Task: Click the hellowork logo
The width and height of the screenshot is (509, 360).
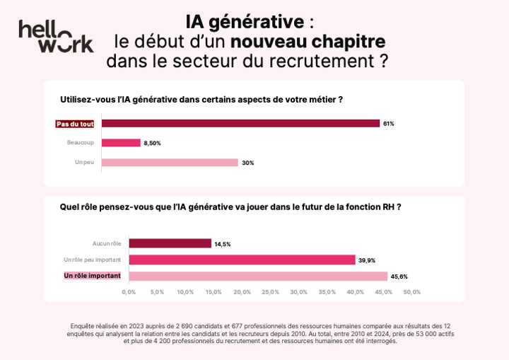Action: pos(56,36)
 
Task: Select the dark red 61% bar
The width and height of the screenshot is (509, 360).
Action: pos(240,123)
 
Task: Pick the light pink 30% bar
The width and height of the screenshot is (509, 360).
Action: pos(170,162)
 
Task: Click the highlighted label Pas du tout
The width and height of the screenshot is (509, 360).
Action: pos(75,124)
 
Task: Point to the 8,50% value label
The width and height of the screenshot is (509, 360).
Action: pos(152,143)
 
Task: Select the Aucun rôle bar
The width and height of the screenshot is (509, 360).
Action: pos(170,243)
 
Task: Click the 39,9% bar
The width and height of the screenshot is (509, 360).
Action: pos(242,260)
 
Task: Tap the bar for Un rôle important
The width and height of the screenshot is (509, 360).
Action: pos(258,276)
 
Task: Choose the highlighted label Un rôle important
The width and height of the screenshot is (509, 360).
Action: pos(93,276)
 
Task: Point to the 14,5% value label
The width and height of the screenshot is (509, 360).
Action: pos(223,244)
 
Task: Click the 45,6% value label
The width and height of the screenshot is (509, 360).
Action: pos(399,277)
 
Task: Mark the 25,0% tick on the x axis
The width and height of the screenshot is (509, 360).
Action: pos(270,291)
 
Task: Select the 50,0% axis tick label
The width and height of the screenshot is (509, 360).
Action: pos(411,291)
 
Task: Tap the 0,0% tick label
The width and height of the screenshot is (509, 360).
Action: pos(129,291)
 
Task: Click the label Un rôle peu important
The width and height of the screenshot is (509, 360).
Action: pos(92,260)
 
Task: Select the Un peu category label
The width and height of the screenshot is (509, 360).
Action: pos(85,162)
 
